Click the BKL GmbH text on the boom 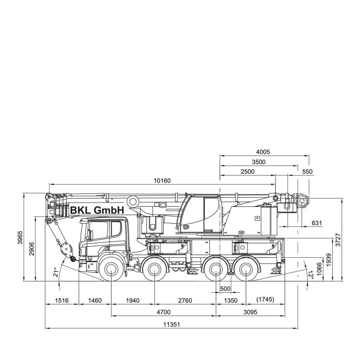(97, 210)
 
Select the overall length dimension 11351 (171, 324)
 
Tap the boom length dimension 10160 (162, 180)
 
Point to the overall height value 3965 (20, 238)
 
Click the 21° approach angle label (55, 272)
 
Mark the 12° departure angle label (311, 275)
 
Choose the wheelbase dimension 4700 (164, 312)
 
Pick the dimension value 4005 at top (263, 152)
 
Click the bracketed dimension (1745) (265, 300)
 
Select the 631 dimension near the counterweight (317, 223)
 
